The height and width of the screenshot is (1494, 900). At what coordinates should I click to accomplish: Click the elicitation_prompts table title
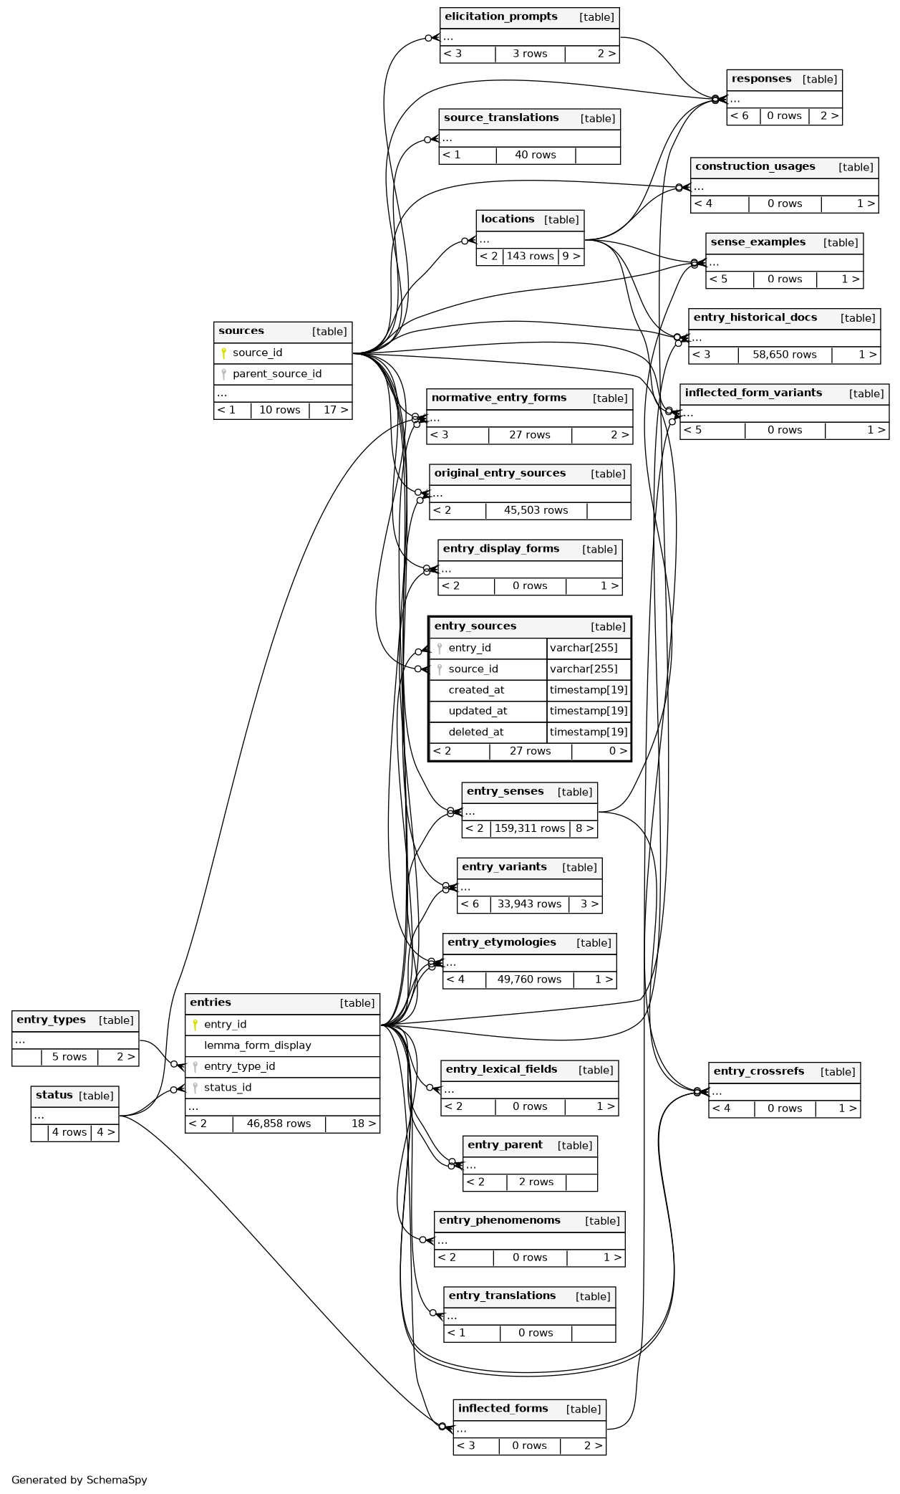pyautogui.click(x=500, y=17)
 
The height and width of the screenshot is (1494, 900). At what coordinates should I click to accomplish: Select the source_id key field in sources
pyautogui.click(x=257, y=353)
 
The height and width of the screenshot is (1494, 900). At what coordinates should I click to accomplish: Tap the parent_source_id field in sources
pyautogui.click(x=276, y=373)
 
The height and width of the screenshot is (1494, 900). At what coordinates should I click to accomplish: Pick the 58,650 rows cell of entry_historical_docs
pyautogui.click(x=784, y=355)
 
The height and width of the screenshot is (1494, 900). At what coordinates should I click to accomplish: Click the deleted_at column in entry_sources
pyautogui.click(x=475, y=732)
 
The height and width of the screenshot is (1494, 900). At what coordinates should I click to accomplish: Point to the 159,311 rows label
pyautogui.click(x=530, y=828)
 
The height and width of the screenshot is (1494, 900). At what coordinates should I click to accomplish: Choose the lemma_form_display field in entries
pyautogui.click(x=257, y=1045)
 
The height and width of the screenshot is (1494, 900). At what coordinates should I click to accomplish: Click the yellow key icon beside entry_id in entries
pyautogui.click(x=195, y=1025)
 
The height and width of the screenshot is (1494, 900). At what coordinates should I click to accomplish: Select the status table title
pyautogui.click(x=54, y=1096)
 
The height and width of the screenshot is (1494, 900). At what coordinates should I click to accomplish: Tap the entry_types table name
pyautogui.click(x=51, y=1020)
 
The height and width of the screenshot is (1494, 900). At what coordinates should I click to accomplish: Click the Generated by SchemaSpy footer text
pyautogui.click(x=79, y=1480)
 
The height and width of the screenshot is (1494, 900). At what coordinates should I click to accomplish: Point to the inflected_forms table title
pyautogui.click(x=503, y=1409)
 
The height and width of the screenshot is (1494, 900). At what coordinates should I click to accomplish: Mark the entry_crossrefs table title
pyautogui.click(x=758, y=1071)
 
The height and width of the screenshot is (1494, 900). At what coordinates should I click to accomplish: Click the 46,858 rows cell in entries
pyautogui.click(x=279, y=1124)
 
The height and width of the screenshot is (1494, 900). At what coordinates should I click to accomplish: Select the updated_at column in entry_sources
pyautogui.click(x=478, y=711)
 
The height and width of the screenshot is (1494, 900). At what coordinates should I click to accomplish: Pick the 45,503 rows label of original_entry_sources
pyautogui.click(x=536, y=510)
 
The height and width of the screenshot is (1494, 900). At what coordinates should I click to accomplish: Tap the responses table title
pyautogui.click(x=761, y=79)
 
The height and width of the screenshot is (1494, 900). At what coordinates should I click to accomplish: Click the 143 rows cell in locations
pyautogui.click(x=530, y=257)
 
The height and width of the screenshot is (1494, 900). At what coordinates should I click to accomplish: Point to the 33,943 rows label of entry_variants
pyautogui.click(x=529, y=904)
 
